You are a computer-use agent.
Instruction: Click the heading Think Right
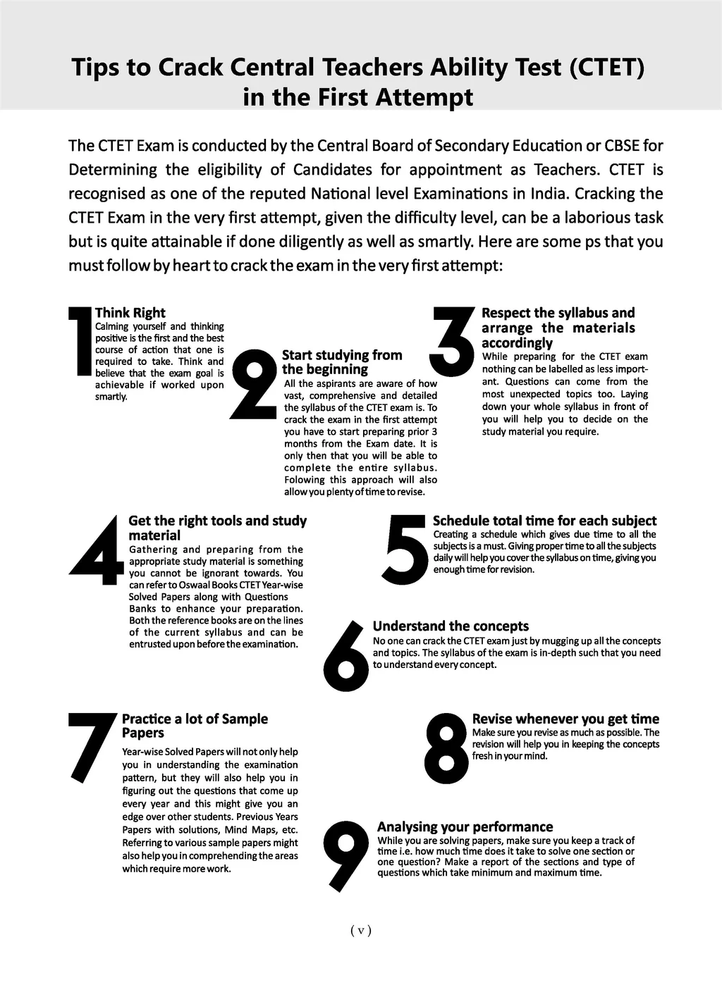[x=130, y=313]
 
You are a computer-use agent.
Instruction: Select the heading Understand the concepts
[x=451, y=626]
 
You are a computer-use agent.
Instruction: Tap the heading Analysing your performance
[x=465, y=826]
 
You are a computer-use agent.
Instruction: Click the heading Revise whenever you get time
[x=565, y=719]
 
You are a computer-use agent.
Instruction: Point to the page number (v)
[x=360, y=930]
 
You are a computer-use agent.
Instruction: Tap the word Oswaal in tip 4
[x=183, y=585]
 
